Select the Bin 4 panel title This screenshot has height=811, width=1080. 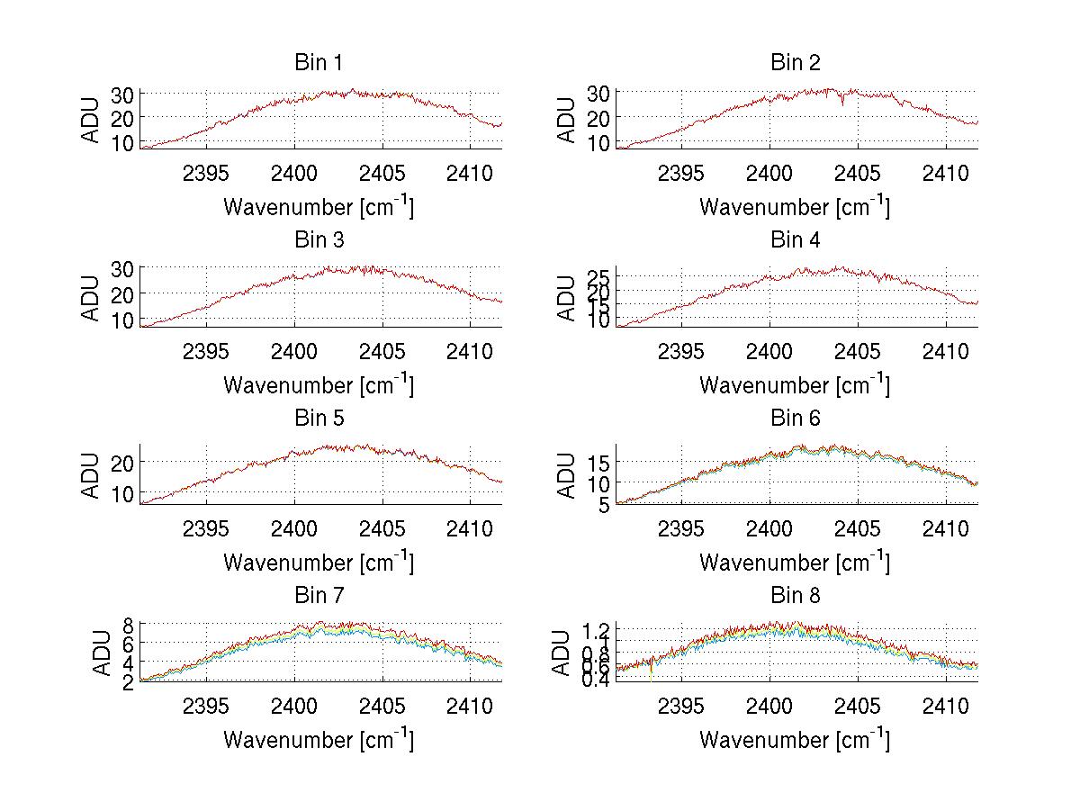click(795, 240)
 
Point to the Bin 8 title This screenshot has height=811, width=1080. click(795, 596)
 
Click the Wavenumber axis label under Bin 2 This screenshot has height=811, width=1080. click(795, 207)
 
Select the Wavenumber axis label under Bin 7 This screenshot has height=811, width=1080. click(318, 740)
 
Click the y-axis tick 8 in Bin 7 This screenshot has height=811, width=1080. click(128, 624)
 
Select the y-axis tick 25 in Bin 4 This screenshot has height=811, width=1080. click(600, 274)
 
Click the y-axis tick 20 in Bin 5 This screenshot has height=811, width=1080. click(124, 461)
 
